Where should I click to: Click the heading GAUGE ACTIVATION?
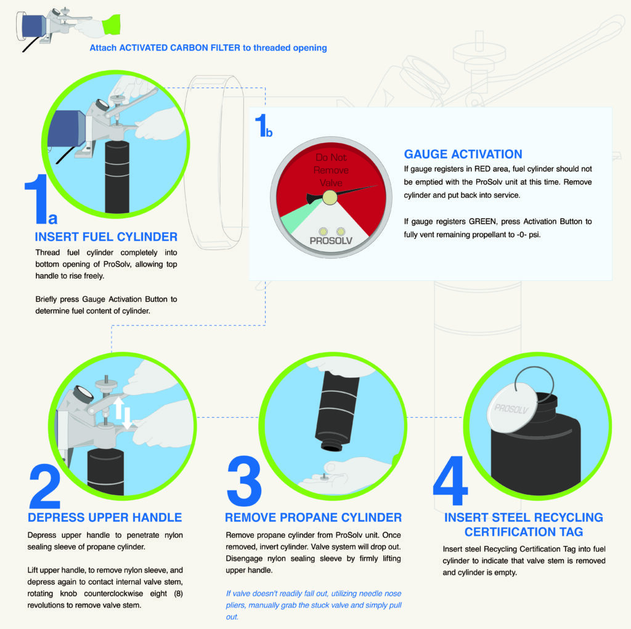point(463,154)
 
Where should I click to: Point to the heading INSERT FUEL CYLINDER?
point(106,237)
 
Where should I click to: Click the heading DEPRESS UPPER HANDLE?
point(105,517)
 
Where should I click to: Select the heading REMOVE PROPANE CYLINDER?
point(313,517)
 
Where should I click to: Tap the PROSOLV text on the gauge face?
point(331,241)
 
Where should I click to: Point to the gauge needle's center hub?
point(330,197)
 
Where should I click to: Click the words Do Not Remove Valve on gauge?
point(331,170)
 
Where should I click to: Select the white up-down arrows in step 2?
point(123,412)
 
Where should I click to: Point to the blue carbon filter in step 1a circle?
point(68,132)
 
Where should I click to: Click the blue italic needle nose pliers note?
point(313,604)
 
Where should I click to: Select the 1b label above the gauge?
point(263,128)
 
